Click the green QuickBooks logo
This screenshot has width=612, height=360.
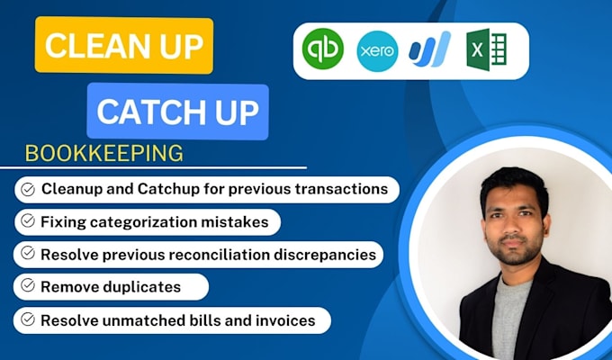(321, 49)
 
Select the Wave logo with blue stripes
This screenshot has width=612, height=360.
(430, 49)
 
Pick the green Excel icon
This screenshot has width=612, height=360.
(487, 49)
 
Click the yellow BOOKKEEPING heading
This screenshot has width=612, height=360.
(103, 153)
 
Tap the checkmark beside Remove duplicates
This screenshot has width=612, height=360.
(28, 287)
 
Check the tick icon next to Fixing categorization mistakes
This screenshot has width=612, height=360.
(28, 221)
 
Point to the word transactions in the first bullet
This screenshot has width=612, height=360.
(343, 189)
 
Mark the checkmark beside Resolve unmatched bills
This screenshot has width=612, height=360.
(28, 319)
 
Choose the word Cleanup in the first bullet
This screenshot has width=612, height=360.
(75, 189)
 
